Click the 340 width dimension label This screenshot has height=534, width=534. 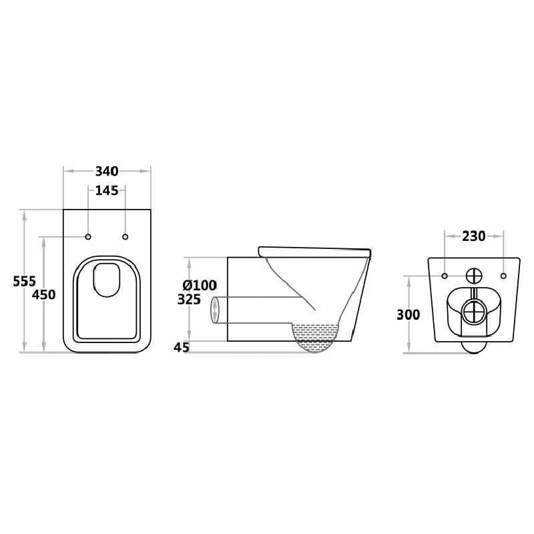pos(107,171)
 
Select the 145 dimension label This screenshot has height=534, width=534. pos(107,191)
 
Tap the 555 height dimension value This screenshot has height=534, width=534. pos(25,281)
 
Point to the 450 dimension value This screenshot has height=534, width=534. pos(44,294)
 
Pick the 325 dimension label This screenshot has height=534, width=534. pos(189,300)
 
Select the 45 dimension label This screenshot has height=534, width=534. pos(182,347)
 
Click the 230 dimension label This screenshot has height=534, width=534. pos(473,236)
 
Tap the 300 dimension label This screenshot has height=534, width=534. pos(408,314)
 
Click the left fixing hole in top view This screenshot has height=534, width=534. pos(88,237)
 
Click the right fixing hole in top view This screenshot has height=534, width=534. pos(125,237)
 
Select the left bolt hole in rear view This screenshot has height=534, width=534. pos(444,276)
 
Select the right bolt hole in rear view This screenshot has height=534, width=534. pos(503,276)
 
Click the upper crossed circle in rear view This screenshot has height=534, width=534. pos(473,275)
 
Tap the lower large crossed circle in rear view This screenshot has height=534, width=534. pos(473,310)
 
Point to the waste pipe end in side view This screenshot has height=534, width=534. pos(215,311)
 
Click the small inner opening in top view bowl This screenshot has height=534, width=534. pos(106,279)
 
